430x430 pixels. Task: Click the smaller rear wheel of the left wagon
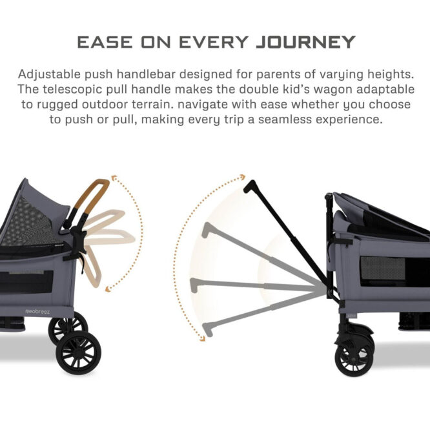[67, 327]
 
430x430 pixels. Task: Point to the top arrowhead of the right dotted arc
[242, 176]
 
